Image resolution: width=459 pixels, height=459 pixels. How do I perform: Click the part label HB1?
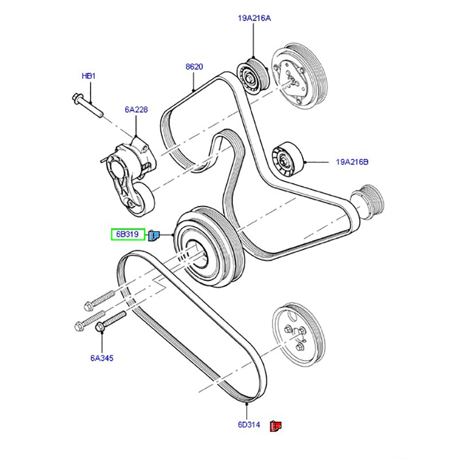[88, 75]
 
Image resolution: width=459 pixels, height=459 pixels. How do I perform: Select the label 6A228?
[137, 109]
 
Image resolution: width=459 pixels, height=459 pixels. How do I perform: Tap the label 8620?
[195, 67]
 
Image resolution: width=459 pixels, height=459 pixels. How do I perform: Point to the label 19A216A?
[254, 18]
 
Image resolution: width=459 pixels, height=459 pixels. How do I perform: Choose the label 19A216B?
[352, 162]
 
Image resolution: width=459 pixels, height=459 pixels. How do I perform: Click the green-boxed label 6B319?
[128, 234]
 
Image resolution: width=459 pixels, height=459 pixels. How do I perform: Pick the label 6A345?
[102, 359]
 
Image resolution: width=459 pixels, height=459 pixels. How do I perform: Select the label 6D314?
[249, 425]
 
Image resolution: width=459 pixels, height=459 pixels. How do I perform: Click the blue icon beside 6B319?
[154, 235]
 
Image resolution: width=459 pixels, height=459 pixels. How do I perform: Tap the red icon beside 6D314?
[278, 426]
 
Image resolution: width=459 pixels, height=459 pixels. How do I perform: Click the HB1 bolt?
[88, 104]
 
